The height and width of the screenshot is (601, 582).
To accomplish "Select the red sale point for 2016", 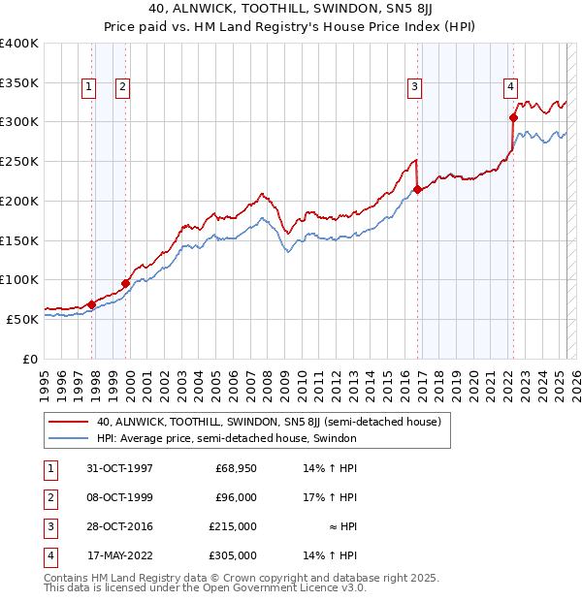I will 417,190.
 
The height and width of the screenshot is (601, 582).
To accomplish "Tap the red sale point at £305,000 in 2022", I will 513,118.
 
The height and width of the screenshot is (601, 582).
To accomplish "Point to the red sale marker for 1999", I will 125,283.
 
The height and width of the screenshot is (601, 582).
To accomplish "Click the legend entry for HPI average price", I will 227,438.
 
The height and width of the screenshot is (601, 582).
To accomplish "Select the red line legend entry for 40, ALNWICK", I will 269,422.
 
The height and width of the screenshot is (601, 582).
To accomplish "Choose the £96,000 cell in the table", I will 235,497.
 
